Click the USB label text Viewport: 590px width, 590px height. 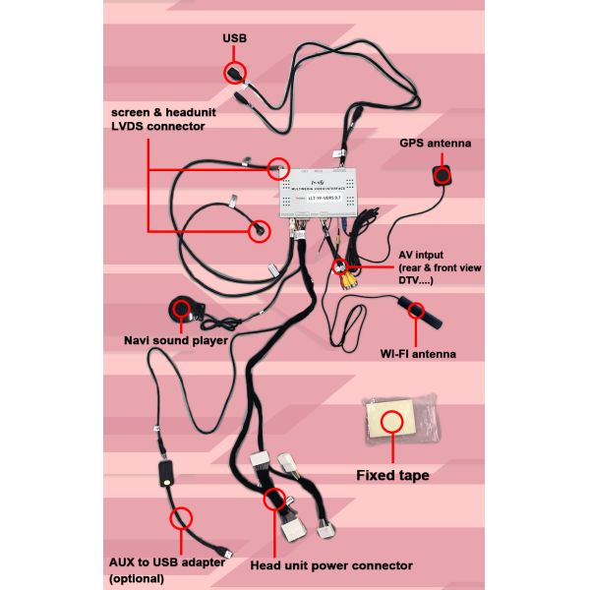pyautogui.click(x=235, y=38)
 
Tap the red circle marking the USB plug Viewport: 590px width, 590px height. pyautogui.click(x=235, y=73)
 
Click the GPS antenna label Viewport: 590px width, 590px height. pyautogui.click(x=435, y=144)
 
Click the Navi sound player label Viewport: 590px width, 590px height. pyautogui.click(x=175, y=340)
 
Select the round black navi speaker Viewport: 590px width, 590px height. pyautogui.click(x=183, y=311)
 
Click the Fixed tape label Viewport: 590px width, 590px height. pyautogui.click(x=392, y=476)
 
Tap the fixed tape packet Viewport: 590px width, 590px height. pyautogui.click(x=393, y=422)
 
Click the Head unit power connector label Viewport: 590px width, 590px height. pyautogui.click(x=330, y=565)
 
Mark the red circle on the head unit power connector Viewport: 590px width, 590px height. pyautogui.click(x=274, y=499)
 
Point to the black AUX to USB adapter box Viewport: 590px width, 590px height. pyautogui.click(x=166, y=475)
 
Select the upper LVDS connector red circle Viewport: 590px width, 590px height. pyautogui.click(x=279, y=168)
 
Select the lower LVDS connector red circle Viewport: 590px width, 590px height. pyautogui.click(x=257, y=231)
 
